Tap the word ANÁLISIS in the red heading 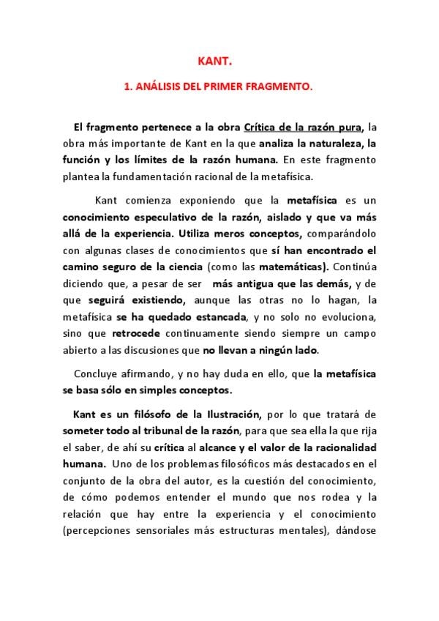click(156, 86)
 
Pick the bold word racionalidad click(338, 447)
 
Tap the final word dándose click(356, 530)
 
